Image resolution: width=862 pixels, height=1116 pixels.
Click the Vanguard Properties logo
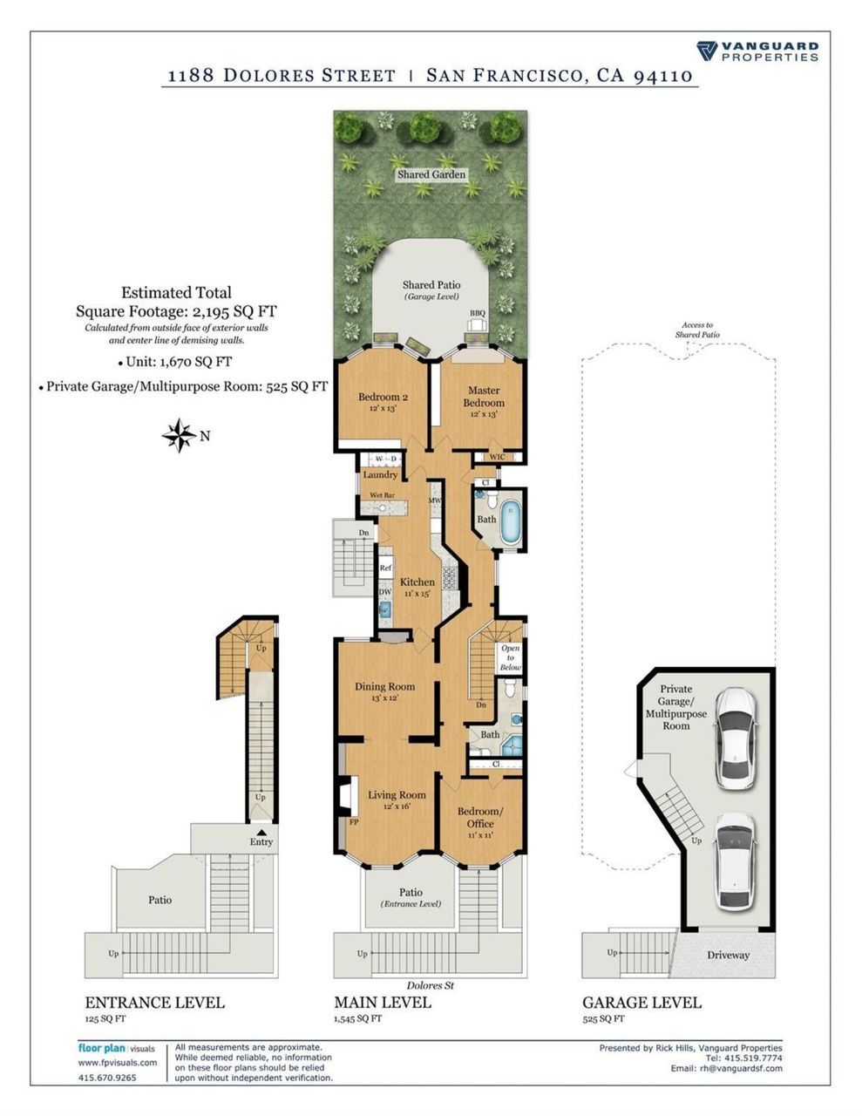757,51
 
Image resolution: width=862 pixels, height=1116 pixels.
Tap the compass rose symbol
178,436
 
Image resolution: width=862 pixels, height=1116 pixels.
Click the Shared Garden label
431,174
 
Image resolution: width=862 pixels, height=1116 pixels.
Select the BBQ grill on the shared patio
478,324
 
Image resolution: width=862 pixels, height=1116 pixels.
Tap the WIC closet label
498,457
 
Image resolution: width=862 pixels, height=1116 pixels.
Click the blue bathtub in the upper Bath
511,522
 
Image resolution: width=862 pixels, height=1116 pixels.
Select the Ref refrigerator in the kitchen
385,568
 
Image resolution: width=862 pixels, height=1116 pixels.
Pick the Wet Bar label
382,495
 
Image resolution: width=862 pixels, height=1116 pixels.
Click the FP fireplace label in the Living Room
354,822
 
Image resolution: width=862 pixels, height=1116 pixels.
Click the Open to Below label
511,658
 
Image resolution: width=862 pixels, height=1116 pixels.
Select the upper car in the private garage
736,738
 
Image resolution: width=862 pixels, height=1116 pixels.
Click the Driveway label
728,956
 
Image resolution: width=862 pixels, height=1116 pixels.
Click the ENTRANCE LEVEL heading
154,1002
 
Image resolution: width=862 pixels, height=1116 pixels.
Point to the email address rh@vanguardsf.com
741,1068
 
